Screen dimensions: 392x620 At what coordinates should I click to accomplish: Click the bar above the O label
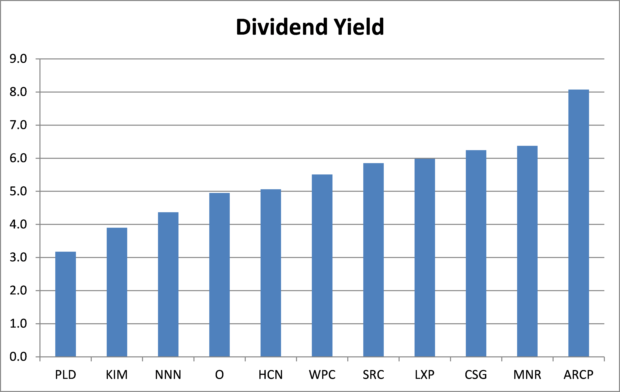pyautogui.click(x=219, y=275)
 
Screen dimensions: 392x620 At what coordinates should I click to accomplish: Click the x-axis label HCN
pyautogui.click(x=271, y=375)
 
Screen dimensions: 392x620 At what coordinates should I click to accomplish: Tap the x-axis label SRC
pyautogui.click(x=373, y=375)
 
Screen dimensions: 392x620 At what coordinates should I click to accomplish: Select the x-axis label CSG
pyautogui.click(x=476, y=375)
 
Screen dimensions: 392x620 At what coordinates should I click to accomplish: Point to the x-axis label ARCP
pyautogui.click(x=579, y=375)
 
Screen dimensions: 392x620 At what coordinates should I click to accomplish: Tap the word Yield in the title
pyautogui.click(x=359, y=27)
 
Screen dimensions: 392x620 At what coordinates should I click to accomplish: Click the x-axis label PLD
pyautogui.click(x=65, y=375)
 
